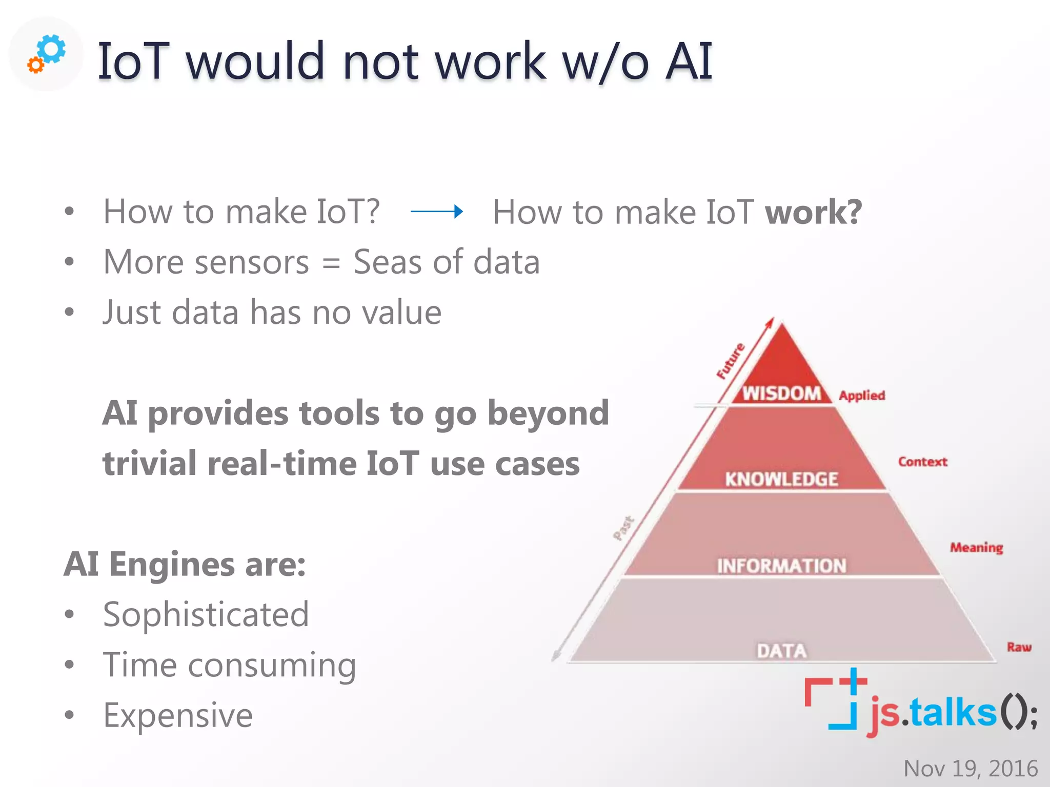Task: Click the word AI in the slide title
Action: pyautogui.click(x=689, y=61)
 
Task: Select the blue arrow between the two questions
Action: pyautogui.click(x=437, y=211)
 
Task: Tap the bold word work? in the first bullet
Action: pyautogui.click(x=813, y=212)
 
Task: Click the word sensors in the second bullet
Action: pyautogui.click(x=252, y=262)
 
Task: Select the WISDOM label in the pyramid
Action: pyautogui.click(x=781, y=393)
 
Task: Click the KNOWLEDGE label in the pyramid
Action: pyautogui.click(x=781, y=479)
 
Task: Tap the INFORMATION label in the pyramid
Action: pyautogui.click(x=781, y=566)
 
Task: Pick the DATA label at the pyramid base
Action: pyautogui.click(x=781, y=651)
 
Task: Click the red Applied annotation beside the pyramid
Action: pyautogui.click(x=862, y=396)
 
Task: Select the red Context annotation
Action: pyautogui.click(x=922, y=462)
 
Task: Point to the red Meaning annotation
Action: pyautogui.click(x=976, y=548)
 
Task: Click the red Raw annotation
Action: pyautogui.click(x=1019, y=647)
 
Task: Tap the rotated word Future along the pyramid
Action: pyautogui.click(x=731, y=361)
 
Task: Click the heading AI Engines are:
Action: pyautogui.click(x=185, y=565)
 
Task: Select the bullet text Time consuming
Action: pyautogui.click(x=229, y=665)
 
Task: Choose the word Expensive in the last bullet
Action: pyautogui.click(x=178, y=715)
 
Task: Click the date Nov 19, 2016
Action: pyautogui.click(x=970, y=769)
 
